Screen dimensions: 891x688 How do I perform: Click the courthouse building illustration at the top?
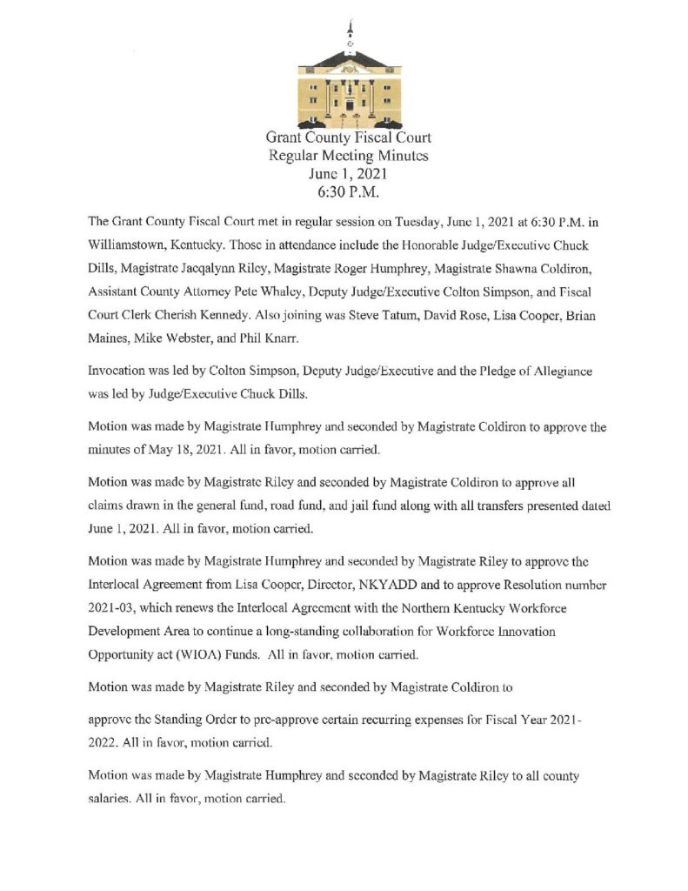349,87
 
